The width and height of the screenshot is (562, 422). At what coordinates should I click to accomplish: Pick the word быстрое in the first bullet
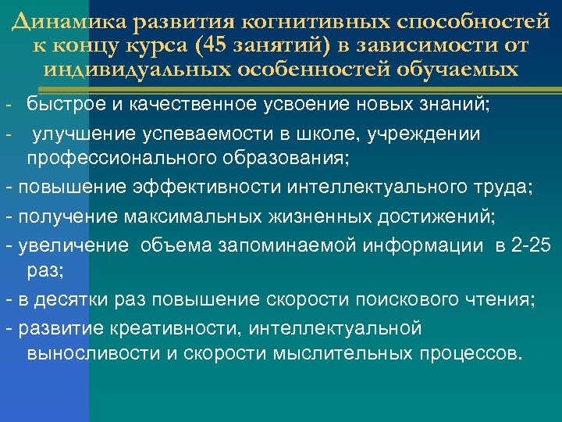pos(65,105)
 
